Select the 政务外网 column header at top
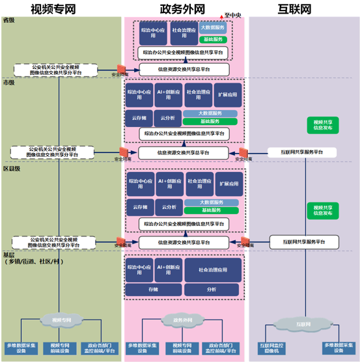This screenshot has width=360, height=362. click(184, 9)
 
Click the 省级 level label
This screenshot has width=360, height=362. click(9, 21)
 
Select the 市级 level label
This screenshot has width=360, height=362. click(9, 83)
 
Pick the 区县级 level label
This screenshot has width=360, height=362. click(12, 169)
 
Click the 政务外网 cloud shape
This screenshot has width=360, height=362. click(184, 320)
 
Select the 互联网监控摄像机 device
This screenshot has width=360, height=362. click(271, 348)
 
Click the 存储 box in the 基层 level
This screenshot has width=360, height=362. click(152, 288)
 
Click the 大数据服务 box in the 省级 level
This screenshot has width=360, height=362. click(213, 28)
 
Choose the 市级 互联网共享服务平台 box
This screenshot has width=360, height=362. click(302, 152)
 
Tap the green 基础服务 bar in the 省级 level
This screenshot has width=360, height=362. click(213, 40)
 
